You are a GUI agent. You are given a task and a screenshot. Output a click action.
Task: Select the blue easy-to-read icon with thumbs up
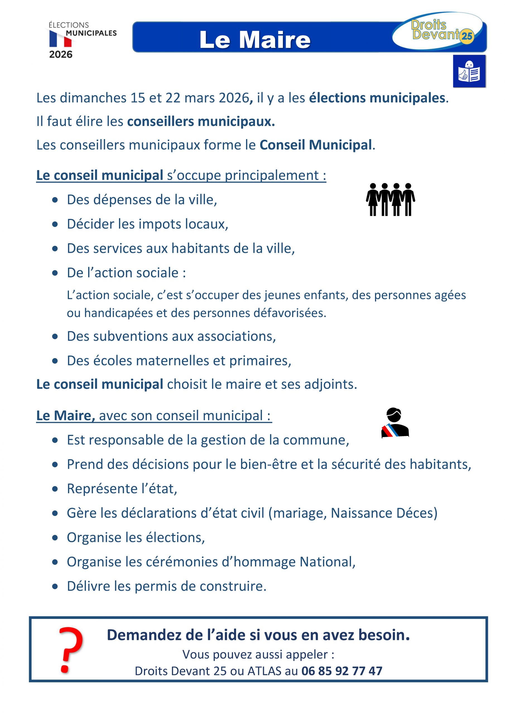click(x=469, y=71)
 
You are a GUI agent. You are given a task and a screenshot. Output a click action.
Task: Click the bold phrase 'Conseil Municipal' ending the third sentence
click(x=316, y=145)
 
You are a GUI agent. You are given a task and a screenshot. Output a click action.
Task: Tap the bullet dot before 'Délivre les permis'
click(x=55, y=587)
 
